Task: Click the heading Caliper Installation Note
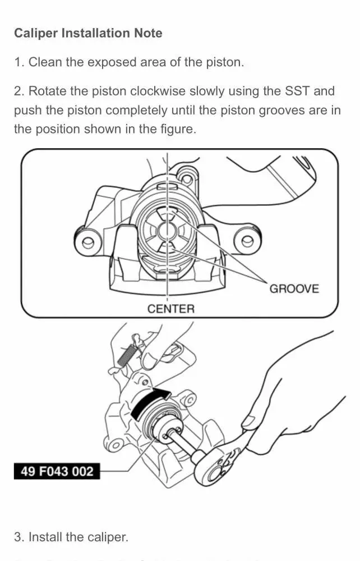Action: pos(88,33)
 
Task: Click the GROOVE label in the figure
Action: pos(294,289)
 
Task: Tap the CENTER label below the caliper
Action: pos(171,309)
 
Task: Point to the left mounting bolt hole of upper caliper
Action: pos(87,243)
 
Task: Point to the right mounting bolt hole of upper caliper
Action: pos(247,242)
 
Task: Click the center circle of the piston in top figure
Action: pos(167,230)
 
